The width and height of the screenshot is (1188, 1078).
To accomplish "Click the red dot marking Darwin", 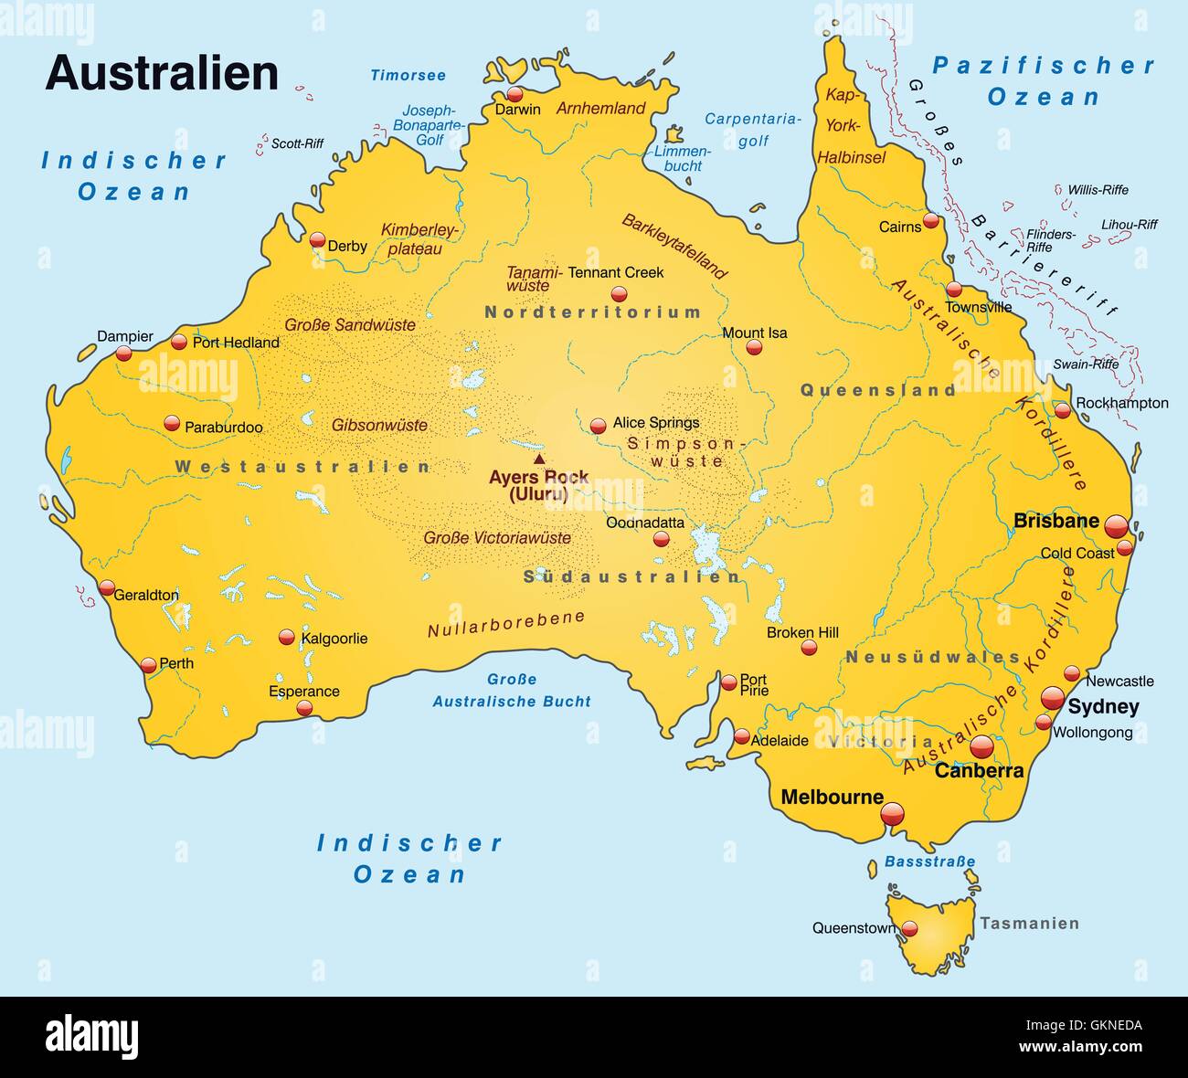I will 515,94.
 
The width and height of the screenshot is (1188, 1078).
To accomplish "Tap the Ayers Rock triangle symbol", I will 539,460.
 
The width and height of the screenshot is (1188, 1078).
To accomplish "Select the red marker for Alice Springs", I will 598,426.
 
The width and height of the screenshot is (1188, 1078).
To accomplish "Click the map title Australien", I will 162,73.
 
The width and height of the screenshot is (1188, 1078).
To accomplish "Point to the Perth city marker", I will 148,665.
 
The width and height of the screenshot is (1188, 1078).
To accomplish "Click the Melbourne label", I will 832,797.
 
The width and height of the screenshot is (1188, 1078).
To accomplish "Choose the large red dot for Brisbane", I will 1116,526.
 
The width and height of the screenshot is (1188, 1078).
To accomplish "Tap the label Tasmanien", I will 1029,924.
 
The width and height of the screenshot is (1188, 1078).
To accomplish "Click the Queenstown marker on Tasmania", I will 909,929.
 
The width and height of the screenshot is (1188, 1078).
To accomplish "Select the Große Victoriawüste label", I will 496,538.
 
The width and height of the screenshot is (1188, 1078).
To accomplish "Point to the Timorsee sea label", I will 408,76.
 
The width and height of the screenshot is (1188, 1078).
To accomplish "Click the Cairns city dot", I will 930,220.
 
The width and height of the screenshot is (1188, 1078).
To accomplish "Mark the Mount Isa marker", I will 754,347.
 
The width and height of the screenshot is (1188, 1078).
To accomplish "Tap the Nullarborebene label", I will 505,624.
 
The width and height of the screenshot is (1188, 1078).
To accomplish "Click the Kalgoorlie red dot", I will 287,637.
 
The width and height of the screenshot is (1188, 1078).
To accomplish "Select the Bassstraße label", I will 929,861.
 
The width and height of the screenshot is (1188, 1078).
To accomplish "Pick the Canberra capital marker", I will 981,746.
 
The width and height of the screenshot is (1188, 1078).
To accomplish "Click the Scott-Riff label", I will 297,143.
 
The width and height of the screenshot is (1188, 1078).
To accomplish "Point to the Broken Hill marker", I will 809,647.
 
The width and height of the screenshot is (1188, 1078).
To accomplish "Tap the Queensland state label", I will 877,390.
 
